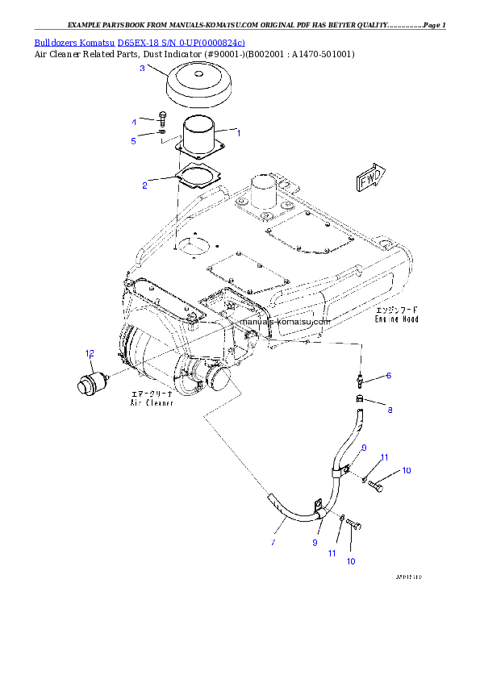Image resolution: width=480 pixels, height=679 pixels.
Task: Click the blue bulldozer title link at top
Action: point(140,42)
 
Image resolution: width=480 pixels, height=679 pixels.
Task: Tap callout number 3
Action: point(142,69)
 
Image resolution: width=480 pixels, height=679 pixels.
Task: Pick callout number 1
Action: point(238,131)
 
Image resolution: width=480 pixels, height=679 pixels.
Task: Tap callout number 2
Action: point(144,185)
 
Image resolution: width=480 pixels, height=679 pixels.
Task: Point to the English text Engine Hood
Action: point(397,319)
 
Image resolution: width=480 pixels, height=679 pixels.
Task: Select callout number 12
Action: point(90,352)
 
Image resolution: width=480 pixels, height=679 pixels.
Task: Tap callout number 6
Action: point(388,376)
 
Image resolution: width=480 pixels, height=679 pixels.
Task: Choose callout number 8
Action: point(390,410)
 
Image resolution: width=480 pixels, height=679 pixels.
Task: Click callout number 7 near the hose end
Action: point(273,543)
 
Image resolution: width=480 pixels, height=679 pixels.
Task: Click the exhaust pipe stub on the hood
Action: point(263,194)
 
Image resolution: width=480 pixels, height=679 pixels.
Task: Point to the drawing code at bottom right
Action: point(408,577)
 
